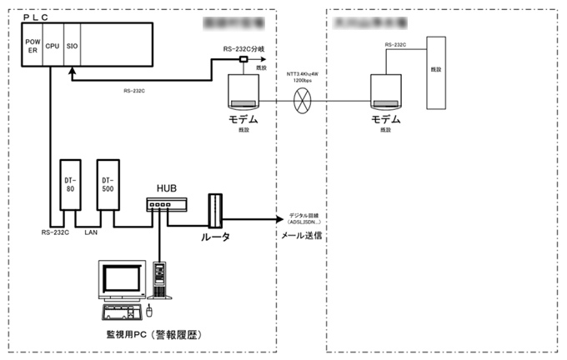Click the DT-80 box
coord(70,184)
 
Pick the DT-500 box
coord(107,184)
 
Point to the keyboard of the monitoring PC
coord(119,313)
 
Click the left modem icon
coord(247,92)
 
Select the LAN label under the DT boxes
coord(93,232)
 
